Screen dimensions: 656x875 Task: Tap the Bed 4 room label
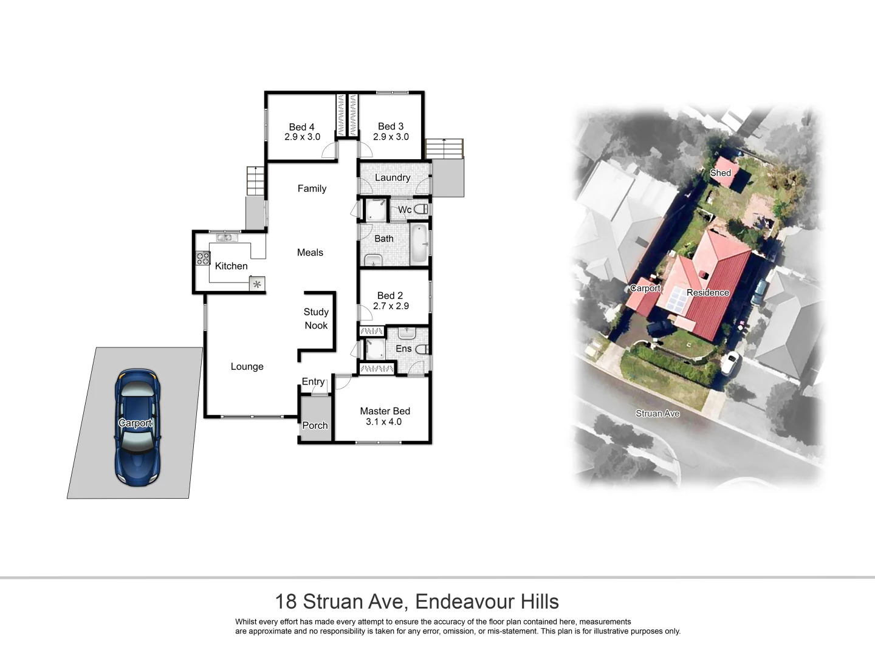click(301, 127)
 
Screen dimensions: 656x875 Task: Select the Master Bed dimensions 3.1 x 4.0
click(383, 422)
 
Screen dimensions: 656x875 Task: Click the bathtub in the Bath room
click(419, 244)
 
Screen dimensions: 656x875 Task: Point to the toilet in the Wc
click(420, 209)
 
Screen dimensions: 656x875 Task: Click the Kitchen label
click(231, 266)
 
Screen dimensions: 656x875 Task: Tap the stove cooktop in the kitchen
click(202, 258)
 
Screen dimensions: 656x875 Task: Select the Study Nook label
click(316, 318)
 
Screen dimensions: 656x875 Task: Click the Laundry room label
click(392, 178)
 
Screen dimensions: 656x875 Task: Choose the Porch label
click(315, 426)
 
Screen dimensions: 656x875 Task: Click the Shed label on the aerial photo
click(720, 173)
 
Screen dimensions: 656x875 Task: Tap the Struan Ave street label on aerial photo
click(657, 414)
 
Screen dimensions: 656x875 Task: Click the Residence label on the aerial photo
click(707, 293)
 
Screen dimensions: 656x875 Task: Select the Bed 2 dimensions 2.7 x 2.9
click(391, 306)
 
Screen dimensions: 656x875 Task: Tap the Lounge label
click(247, 367)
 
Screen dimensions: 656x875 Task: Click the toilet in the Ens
click(423, 349)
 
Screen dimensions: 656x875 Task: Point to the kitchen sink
click(224, 237)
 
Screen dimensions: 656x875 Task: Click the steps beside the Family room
click(256, 181)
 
